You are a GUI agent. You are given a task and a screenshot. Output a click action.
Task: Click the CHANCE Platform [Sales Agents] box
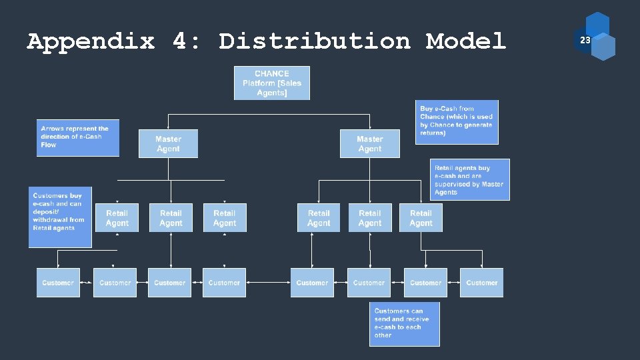[271, 83]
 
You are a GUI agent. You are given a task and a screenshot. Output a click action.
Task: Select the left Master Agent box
[168, 144]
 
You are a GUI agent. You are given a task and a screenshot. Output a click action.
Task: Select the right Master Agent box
[369, 144]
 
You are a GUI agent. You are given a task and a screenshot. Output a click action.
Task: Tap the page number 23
[585, 41]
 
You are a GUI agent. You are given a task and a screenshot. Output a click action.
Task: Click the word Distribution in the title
[314, 41]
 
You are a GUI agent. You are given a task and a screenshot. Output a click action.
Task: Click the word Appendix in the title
[91, 41]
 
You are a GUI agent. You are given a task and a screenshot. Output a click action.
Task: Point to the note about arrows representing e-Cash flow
[77, 137]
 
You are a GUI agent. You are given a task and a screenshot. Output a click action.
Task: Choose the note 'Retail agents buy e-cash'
[470, 180]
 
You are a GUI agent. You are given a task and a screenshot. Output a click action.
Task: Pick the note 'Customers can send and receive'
[404, 323]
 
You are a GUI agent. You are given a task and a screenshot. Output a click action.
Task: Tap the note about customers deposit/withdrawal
[60, 217]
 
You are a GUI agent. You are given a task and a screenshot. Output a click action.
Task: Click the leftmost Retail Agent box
[117, 218]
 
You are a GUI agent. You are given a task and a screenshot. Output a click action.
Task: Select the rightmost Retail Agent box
[421, 218]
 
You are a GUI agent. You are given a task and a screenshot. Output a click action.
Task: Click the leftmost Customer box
[58, 283]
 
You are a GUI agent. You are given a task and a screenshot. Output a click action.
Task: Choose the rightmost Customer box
[481, 283]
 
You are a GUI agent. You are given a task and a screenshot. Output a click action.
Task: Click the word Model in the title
[466, 41]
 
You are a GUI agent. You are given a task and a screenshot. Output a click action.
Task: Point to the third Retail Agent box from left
[225, 218]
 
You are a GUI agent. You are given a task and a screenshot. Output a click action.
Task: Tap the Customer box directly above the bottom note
[369, 283]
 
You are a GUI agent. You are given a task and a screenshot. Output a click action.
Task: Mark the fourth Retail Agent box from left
[319, 218]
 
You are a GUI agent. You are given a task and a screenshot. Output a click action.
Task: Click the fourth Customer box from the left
[224, 283]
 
